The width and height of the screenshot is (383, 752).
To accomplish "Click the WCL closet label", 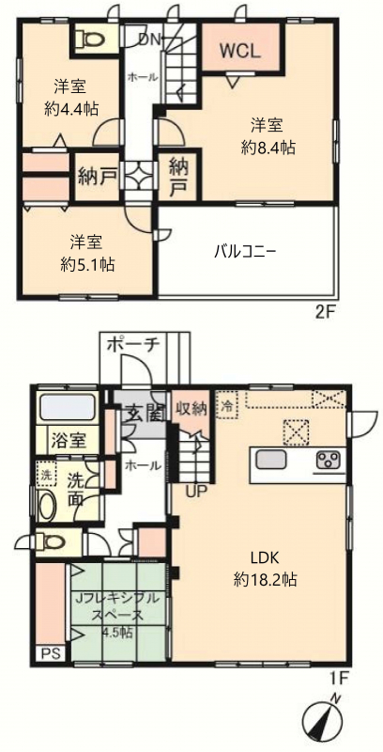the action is tap(240, 50).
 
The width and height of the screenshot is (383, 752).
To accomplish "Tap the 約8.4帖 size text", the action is tap(268, 149).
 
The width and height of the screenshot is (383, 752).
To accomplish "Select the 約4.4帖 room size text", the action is tap(69, 109).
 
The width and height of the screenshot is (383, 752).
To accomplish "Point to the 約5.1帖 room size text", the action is tap(87, 264).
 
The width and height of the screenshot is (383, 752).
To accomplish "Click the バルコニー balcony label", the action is tap(245, 251).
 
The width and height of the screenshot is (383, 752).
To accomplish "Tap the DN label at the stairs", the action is tap(149, 39).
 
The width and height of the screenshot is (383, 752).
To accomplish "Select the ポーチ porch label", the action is tap(133, 344).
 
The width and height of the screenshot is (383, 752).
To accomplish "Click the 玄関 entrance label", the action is tap(143, 412).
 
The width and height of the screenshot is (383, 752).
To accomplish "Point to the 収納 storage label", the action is tap(191, 409).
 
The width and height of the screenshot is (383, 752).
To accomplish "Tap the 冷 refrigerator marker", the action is tap(227, 406).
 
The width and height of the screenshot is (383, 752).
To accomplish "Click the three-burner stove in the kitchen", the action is tap(329, 460).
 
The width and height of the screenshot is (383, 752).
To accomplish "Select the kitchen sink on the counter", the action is tap(271, 460).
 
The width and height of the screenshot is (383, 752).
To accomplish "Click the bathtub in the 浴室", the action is tap(66, 407).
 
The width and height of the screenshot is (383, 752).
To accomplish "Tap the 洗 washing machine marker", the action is tap(46, 478).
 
